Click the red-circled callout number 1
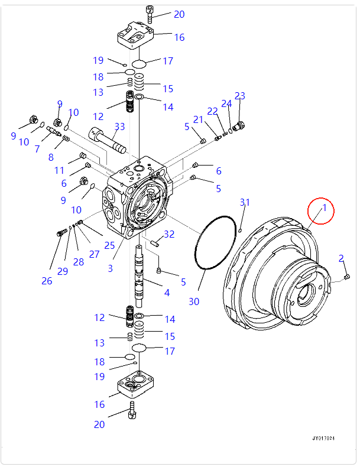(x=324, y=207)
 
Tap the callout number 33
(x=120, y=126)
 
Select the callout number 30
(x=194, y=301)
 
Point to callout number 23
(x=239, y=96)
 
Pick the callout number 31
(x=244, y=203)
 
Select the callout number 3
(x=110, y=268)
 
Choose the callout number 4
(x=167, y=292)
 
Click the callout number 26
(x=47, y=281)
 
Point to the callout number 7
(x=37, y=149)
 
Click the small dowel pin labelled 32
(x=155, y=242)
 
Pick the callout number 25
(x=109, y=245)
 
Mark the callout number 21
(x=198, y=120)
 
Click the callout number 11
(x=59, y=170)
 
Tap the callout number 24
(x=226, y=104)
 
